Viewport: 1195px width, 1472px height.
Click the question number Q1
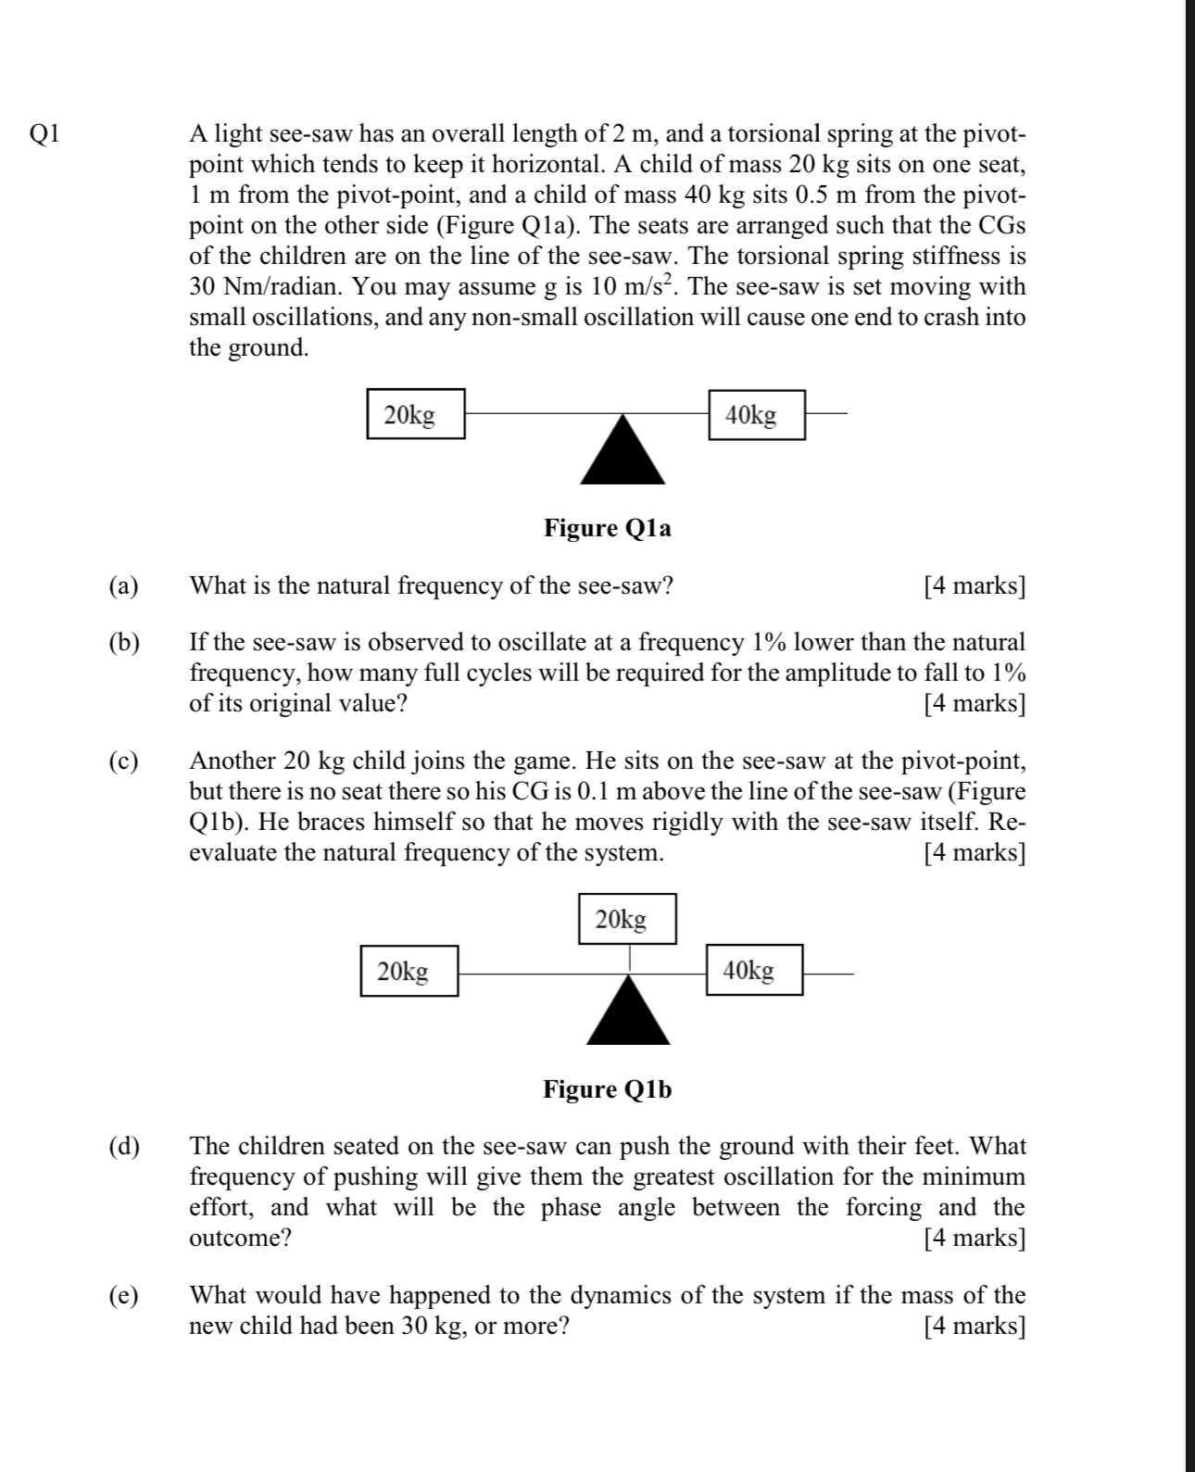pos(44,134)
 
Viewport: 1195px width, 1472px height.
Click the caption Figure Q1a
pos(607,528)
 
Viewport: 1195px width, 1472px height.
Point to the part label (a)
pos(123,586)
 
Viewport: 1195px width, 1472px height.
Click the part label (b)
pos(123,643)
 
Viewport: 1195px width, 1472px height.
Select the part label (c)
pos(123,761)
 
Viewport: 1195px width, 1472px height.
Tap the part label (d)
pos(123,1147)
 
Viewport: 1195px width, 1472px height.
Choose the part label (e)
pos(123,1296)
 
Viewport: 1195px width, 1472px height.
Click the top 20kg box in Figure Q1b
pos(627,919)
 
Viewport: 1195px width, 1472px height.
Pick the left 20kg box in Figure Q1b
pos(409,971)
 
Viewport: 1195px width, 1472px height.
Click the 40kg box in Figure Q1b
pos(754,970)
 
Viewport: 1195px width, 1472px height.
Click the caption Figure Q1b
pos(607,1089)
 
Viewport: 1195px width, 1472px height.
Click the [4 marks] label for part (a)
pos(975,586)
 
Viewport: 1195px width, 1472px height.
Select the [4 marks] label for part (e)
pos(975,1327)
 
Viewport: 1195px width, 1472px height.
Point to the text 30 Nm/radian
pos(265,287)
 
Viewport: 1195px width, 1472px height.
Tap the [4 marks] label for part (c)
pos(975,852)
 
